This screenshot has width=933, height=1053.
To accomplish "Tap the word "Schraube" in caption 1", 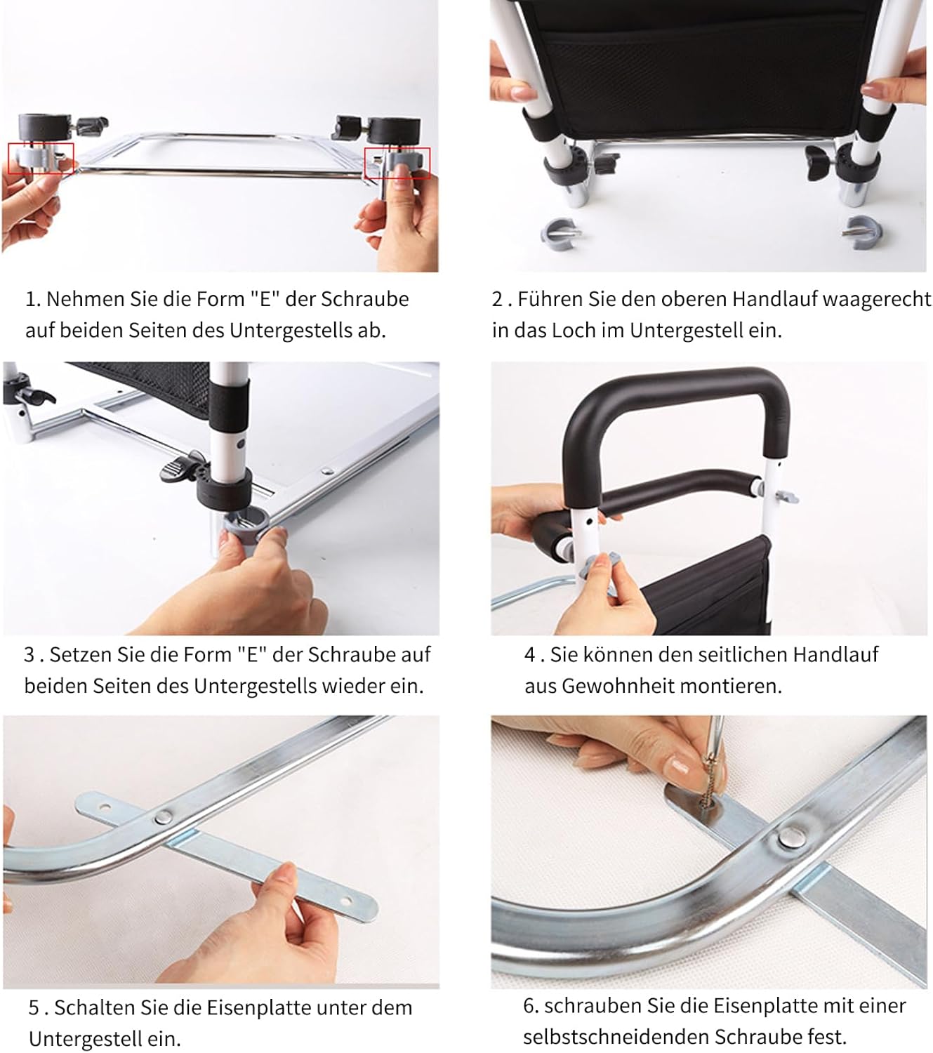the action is point(364,299).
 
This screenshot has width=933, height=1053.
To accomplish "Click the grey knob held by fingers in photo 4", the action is point(600,566).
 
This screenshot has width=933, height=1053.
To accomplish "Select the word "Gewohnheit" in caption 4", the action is point(617,686).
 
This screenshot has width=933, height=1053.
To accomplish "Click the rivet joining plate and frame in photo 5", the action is point(163,816).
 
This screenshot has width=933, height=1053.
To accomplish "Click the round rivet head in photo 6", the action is point(790,837).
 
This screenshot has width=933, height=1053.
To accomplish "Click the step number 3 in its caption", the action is point(29,655).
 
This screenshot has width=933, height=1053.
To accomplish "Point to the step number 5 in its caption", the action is point(34,1008).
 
